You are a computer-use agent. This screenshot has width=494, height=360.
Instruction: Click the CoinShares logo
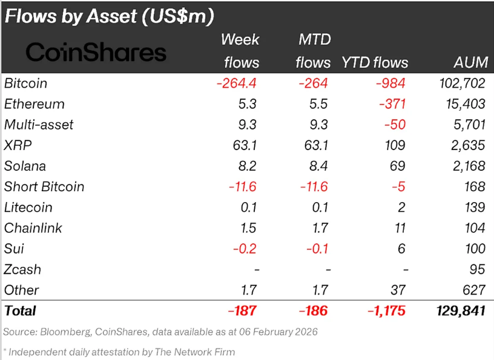coord(96,52)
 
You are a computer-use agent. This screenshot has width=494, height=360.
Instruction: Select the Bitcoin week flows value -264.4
coord(237,83)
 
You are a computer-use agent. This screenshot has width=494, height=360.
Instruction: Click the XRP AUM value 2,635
coord(466,145)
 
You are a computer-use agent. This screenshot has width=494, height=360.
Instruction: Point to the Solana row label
coord(25,166)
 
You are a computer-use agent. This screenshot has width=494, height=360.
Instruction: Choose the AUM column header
coord(469,62)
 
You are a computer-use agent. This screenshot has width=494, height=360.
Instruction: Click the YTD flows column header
coord(375,62)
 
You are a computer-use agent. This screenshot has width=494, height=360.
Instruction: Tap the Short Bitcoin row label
coord(44,186)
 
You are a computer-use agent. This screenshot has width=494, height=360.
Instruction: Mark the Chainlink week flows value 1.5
coord(249,228)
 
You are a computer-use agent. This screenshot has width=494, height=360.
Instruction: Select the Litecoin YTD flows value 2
coord(400,208)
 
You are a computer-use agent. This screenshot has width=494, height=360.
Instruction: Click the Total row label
coord(20,311)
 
